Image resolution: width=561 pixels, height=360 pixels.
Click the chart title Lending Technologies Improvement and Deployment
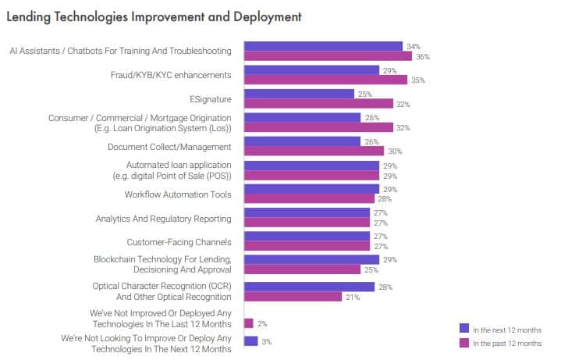(x=154, y=16)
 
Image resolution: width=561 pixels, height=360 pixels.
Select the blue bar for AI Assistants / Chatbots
(x=323, y=46)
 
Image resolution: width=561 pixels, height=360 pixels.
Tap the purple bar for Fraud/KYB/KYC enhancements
(x=325, y=80)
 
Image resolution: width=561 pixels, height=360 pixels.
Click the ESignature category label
(x=211, y=99)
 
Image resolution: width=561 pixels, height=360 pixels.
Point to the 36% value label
(x=423, y=56)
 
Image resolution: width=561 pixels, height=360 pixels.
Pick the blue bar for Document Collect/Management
(x=302, y=141)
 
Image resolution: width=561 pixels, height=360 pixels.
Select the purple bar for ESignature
(x=318, y=104)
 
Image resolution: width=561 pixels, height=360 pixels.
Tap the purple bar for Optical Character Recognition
(x=293, y=297)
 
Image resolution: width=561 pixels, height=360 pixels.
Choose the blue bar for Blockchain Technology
(x=311, y=259)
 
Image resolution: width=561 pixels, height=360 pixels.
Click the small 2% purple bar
(x=248, y=323)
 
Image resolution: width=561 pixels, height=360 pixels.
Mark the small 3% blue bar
(x=250, y=340)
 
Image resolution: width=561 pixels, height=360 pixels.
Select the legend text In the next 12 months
(x=506, y=330)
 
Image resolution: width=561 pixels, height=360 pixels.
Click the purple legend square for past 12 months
(x=464, y=343)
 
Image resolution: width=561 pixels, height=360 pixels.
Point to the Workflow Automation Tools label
(x=179, y=194)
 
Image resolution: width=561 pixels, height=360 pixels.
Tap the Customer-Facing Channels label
(x=179, y=242)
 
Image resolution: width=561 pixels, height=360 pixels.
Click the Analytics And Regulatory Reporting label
(x=163, y=219)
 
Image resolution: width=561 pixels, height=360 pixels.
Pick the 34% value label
(x=414, y=47)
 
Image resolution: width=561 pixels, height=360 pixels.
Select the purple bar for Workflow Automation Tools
(x=309, y=198)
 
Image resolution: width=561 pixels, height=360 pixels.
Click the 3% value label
(x=268, y=341)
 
